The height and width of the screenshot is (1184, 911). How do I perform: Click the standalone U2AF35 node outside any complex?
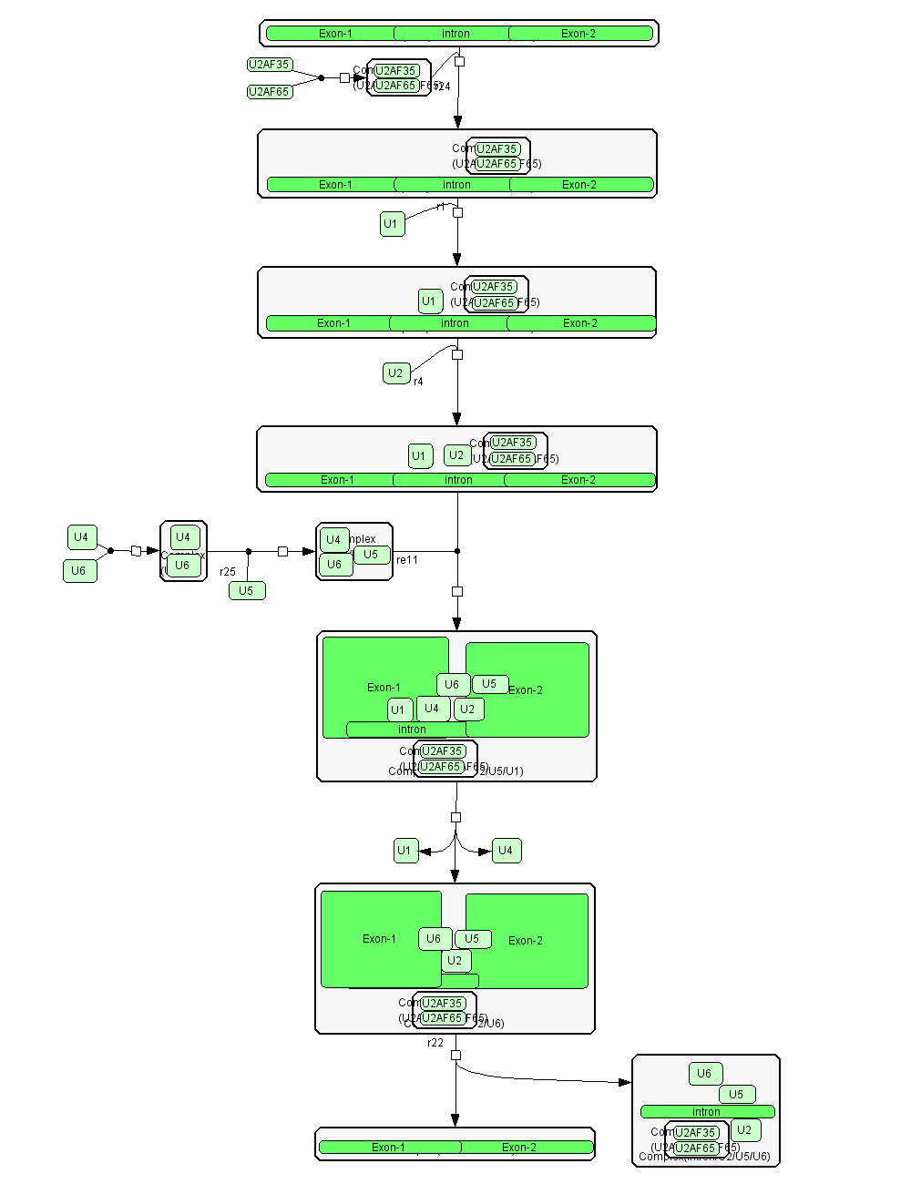click(270, 65)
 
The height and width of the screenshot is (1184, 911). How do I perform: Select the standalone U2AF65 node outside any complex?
click(270, 92)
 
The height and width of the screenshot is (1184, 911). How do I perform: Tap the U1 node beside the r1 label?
click(392, 224)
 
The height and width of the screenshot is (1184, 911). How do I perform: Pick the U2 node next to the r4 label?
click(396, 373)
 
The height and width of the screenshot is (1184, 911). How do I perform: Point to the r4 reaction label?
click(418, 382)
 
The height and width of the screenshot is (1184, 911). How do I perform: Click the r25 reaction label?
click(228, 572)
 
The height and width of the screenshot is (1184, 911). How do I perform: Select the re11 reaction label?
click(407, 560)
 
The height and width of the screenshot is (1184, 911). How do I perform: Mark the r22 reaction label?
click(435, 1043)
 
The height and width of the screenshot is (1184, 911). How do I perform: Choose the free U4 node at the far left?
click(82, 537)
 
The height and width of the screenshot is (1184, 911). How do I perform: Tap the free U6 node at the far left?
click(79, 571)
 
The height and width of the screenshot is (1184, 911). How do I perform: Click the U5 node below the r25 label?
click(247, 590)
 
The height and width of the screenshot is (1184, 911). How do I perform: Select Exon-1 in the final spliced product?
click(389, 1148)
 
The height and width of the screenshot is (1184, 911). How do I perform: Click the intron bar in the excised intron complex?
click(707, 1111)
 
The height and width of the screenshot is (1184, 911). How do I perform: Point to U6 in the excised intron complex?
click(705, 1074)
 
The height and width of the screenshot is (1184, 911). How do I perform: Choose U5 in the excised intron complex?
click(736, 1094)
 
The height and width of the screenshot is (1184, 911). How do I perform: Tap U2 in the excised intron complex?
click(744, 1130)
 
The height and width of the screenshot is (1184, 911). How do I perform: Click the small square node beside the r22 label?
click(456, 1056)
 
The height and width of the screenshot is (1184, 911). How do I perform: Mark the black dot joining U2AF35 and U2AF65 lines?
click(321, 78)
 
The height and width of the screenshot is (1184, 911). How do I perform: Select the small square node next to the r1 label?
click(458, 212)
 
